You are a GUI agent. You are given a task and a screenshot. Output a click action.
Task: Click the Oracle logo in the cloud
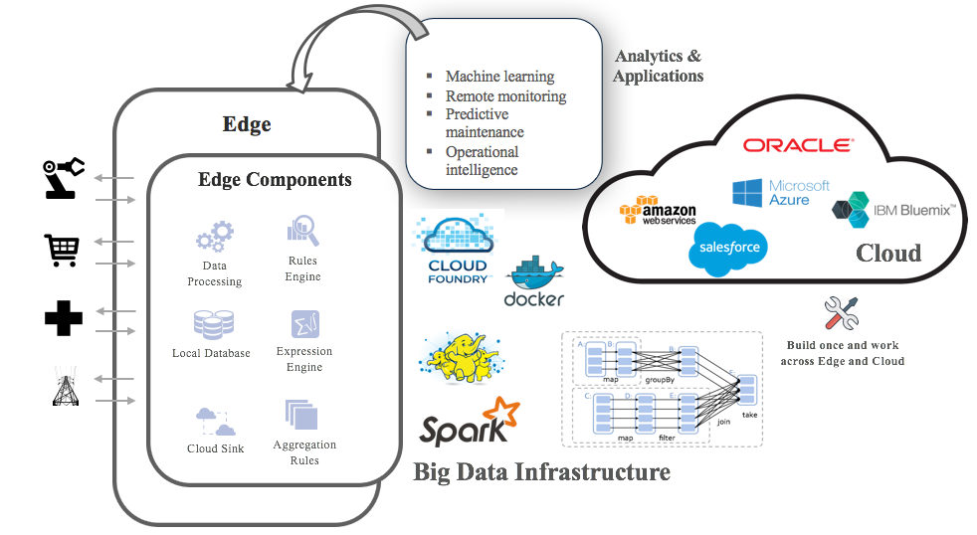coord(798,145)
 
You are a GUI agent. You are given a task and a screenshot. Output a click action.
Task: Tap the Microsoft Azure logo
coord(781,193)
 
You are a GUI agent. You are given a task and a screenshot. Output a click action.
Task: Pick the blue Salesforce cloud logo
coord(729,248)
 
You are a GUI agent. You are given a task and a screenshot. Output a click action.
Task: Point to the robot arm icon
coord(64,179)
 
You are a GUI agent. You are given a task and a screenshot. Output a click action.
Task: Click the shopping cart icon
coord(63,252)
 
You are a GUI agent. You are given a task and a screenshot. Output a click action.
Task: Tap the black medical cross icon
coord(63,318)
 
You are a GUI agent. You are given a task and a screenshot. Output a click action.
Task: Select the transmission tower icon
coord(64,388)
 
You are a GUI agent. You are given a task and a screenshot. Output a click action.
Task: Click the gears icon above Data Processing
coord(214,237)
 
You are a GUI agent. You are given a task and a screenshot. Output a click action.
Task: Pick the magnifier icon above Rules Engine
coord(302,231)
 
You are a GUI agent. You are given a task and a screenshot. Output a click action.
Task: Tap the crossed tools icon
coord(841,313)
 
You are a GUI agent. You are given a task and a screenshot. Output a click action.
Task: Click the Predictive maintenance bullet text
coord(484,123)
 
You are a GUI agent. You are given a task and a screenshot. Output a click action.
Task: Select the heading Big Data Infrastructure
coord(541,470)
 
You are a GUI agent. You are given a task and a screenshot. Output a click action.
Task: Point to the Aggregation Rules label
coord(304,452)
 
